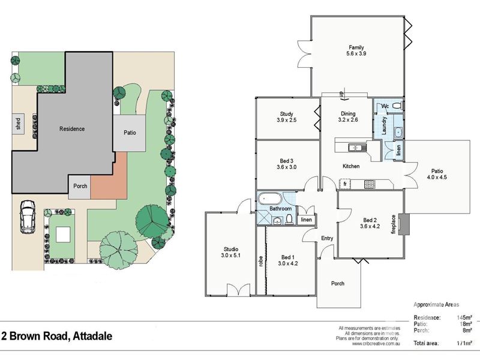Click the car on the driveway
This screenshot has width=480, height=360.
(x=27, y=217)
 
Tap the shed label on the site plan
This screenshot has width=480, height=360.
(x=19, y=124)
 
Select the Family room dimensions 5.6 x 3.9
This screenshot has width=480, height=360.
(x=356, y=53)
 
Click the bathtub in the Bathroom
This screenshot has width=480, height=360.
(x=269, y=199)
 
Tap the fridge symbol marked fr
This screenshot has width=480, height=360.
(x=345, y=184)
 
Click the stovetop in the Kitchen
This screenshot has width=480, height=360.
(x=370, y=184)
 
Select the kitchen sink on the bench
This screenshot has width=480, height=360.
(x=357, y=148)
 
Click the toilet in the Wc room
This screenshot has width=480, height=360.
(x=398, y=106)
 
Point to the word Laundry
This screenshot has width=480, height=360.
(x=385, y=125)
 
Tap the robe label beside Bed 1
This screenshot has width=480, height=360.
(x=261, y=261)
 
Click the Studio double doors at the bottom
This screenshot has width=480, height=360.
(x=238, y=290)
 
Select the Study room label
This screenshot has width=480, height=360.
(x=287, y=114)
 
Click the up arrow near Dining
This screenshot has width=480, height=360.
(x=342, y=95)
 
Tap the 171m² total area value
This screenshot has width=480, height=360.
(x=464, y=343)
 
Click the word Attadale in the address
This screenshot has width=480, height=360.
(x=93, y=336)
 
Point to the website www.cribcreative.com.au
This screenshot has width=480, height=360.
(x=376, y=344)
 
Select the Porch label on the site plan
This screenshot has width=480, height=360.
(x=80, y=186)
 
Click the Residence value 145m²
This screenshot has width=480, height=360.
(x=464, y=317)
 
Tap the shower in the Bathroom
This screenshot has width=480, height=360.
(x=264, y=217)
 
